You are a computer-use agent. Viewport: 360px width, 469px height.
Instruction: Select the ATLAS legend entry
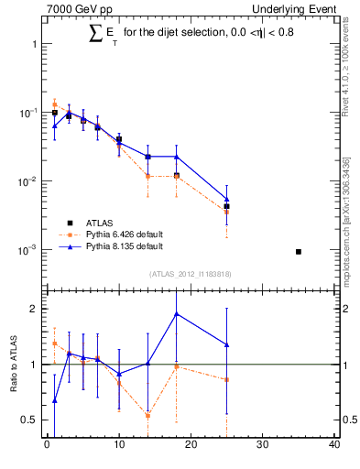[x=102, y=223]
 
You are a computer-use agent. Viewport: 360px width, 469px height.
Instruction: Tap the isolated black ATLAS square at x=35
[x=299, y=251]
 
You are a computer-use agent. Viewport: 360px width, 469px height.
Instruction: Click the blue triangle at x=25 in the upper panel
[x=226, y=200]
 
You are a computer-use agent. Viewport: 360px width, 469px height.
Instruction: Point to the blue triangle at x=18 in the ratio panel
[x=176, y=314]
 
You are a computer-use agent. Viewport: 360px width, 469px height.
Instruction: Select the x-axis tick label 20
[x=191, y=446]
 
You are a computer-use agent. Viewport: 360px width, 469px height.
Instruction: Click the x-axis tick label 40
[x=334, y=446]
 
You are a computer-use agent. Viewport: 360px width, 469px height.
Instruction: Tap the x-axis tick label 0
[x=47, y=446]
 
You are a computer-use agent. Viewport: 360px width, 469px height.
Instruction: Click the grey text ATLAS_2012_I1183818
[x=190, y=274]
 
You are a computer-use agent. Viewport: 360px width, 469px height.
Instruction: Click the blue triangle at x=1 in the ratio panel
[x=54, y=400]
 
